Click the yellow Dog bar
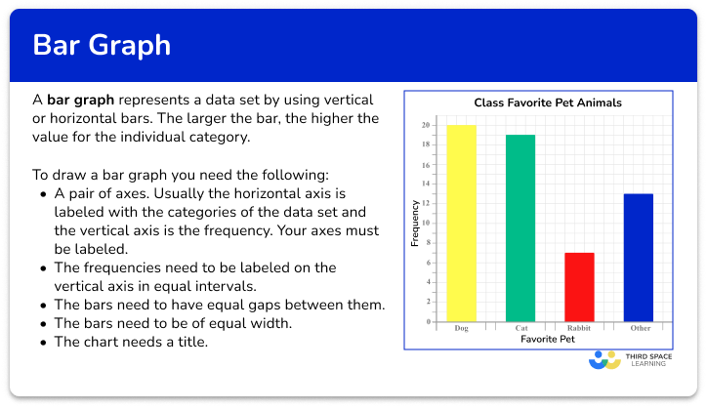462,224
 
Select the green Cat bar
520,228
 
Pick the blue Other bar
639,258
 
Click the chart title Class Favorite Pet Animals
548,102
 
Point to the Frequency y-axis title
415,223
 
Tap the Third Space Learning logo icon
605,360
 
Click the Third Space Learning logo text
650,360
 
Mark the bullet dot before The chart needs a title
46,343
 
